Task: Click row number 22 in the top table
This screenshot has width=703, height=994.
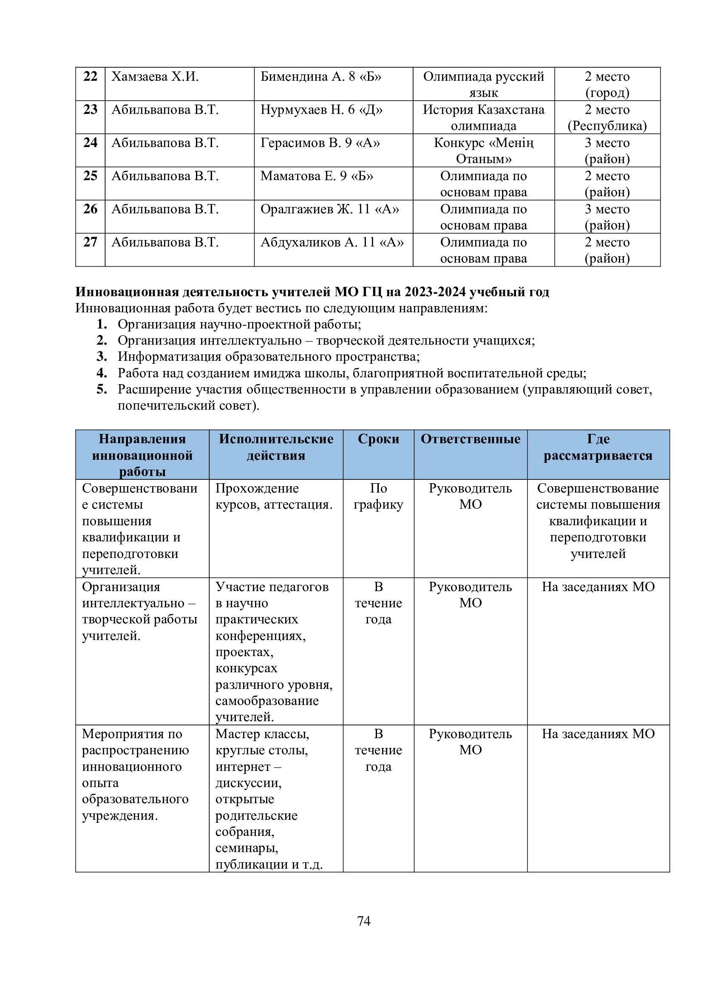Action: pyautogui.click(x=90, y=77)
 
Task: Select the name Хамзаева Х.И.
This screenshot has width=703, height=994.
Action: pyautogui.click(x=155, y=77)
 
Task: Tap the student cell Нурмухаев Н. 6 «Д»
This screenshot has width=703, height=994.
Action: pyautogui.click(x=321, y=110)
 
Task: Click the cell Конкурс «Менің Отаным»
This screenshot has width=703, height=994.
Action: pyautogui.click(x=483, y=151)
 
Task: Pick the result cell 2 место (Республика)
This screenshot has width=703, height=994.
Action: pyautogui.click(x=607, y=118)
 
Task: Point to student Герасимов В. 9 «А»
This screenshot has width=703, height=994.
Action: pyautogui.click(x=320, y=143)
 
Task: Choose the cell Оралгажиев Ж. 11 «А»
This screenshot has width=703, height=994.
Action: pyautogui.click(x=329, y=210)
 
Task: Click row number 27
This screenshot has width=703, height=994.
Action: pyautogui.click(x=90, y=242)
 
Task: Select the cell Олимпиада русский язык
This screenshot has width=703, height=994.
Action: pyautogui.click(x=483, y=85)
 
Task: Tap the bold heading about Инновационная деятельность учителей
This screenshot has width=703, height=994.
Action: pyautogui.click(x=312, y=292)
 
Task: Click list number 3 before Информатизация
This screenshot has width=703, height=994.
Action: pyautogui.click(x=102, y=357)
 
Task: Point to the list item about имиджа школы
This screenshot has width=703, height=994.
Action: pyautogui.click(x=351, y=373)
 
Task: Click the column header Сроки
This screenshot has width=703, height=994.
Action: pyautogui.click(x=378, y=439)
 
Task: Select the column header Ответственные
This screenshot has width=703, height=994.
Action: pyautogui.click(x=470, y=439)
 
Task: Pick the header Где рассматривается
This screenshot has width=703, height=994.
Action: pyautogui.click(x=598, y=447)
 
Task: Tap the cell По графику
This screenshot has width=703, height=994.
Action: pyautogui.click(x=378, y=496)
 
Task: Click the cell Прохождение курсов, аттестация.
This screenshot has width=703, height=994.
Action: pyautogui.click(x=274, y=496)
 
